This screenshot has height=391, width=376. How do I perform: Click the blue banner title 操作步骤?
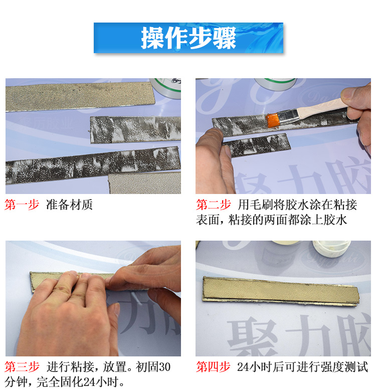tap(188, 38)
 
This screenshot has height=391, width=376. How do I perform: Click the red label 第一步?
tap(22, 205)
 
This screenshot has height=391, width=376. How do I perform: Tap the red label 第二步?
tap(213, 205)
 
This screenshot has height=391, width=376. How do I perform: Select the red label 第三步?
tap(22, 367)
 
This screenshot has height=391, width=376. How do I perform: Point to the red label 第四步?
tap(213, 367)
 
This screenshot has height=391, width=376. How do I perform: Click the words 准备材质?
tap(69, 205)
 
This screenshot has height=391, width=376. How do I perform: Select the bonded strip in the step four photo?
tap(281, 292)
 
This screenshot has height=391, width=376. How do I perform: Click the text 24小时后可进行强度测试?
tap(303, 367)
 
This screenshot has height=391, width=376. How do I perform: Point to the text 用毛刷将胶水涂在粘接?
tap(297, 205)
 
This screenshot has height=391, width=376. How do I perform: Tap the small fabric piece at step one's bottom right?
tap(145, 183)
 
